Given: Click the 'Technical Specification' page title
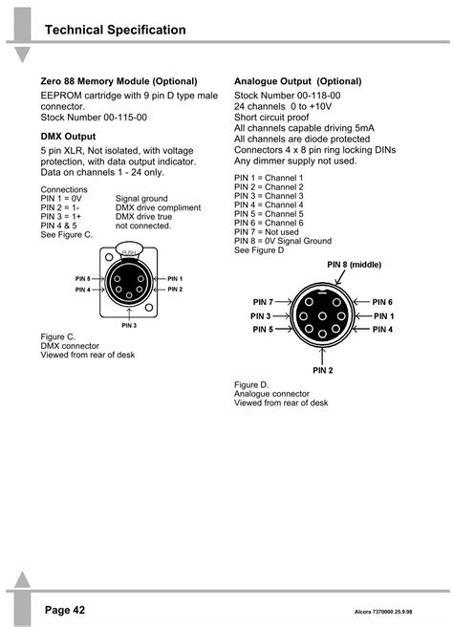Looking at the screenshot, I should click(x=115, y=31).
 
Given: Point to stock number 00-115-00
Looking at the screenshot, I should click(x=94, y=117).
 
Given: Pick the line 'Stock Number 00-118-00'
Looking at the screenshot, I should click(x=288, y=96).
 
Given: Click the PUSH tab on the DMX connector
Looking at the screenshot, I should click(x=130, y=251).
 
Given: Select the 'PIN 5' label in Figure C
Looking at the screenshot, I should click(x=82, y=278).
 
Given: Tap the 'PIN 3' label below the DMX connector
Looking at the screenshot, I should click(x=130, y=326).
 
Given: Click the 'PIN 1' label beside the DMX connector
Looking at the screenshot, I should click(x=174, y=278).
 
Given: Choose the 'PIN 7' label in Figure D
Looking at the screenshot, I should click(x=264, y=302).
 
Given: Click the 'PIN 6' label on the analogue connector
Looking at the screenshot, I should click(x=382, y=302).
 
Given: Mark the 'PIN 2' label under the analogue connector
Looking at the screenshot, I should click(x=322, y=369).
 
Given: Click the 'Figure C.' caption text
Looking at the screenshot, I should click(x=57, y=337).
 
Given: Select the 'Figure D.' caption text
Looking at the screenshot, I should click(x=251, y=384).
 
